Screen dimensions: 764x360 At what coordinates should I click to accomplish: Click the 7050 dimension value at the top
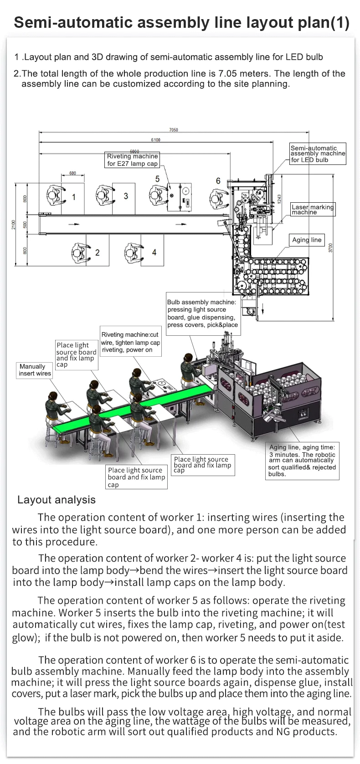click(174, 130)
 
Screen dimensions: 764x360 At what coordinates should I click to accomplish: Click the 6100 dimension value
click(156, 140)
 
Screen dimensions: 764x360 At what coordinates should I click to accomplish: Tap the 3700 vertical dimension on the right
click(331, 247)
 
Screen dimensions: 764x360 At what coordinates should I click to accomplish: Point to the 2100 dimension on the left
click(14, 225)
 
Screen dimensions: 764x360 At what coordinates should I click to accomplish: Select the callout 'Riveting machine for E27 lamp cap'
click(132, 160)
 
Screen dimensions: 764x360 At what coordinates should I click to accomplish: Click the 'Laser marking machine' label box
click(313, 210)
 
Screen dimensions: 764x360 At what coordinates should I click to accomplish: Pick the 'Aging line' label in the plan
click(307, 240)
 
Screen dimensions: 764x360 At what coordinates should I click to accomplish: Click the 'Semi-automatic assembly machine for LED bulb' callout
click(318, 154)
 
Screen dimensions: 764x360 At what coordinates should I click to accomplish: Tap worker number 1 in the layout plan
click(74, 197)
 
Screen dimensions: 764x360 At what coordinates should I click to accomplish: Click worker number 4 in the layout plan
click(154, 252)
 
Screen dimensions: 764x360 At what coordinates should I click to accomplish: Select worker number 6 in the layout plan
click(218, 181)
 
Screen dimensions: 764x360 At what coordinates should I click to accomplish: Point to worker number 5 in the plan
click(157, 179)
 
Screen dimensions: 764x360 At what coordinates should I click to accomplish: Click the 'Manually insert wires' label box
click(35, 370)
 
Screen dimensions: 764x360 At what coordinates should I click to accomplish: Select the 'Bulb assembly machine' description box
click(202, 313)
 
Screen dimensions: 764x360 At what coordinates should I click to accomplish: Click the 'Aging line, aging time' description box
click(303, 461)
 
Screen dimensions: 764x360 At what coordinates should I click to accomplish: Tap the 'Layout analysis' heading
click(57, 500)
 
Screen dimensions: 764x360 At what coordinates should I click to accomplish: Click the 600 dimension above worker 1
click(73, 174)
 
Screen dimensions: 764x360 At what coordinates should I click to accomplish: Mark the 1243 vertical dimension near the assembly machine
click(279, 198)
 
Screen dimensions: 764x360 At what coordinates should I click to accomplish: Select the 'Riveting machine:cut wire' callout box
click(130, 343)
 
